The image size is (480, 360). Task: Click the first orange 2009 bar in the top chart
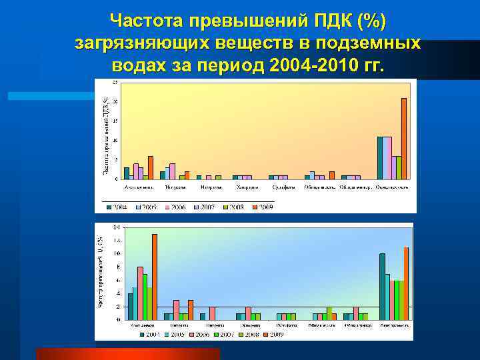pyautogui.click(x=151, y=167)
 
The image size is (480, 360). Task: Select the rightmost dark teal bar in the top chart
pyautogui.click(x=380, y=158)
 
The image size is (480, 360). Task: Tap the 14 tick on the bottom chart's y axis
pyautogui.click(x=117, y=227)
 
